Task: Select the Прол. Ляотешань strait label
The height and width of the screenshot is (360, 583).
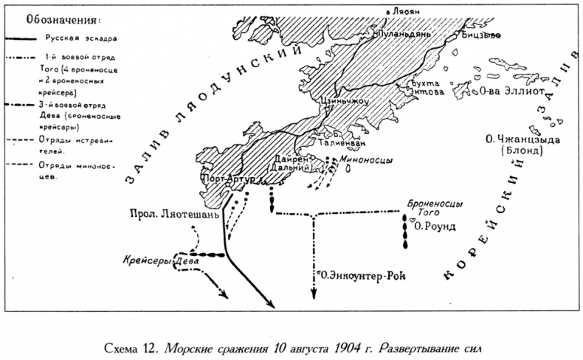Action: (x=175, y=215)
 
